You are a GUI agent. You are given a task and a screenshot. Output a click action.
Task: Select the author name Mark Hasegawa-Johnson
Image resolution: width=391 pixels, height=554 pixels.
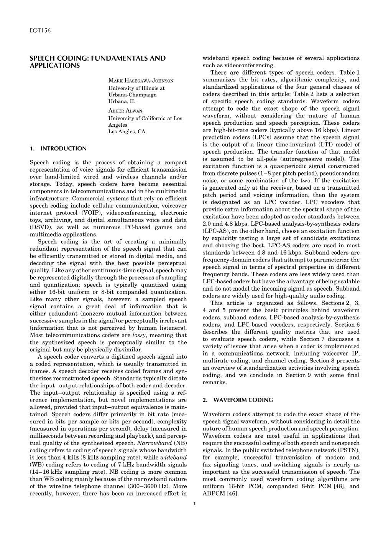tap(141, 81)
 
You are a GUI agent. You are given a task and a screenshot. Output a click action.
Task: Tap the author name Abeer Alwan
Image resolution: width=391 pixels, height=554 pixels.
tap(125, 111)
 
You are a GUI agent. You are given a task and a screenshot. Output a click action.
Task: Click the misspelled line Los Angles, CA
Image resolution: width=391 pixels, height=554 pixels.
tap(127, 132)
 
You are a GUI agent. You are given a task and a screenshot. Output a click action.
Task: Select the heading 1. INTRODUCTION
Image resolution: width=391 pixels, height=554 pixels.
tap(58, 149)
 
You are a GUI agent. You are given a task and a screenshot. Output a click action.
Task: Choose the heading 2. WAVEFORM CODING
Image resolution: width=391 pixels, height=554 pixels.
tap(237, 400)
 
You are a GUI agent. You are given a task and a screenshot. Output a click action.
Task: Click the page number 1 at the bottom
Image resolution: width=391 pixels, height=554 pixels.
tap(195, 504)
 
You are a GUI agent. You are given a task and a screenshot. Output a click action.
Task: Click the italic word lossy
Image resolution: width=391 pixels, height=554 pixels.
tap(136, 335)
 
